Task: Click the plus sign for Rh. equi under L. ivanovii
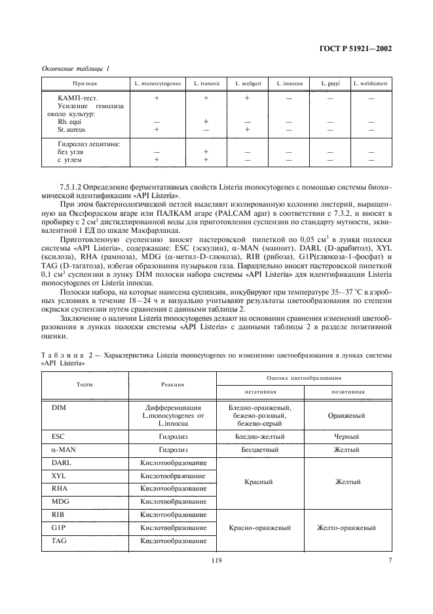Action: point(206,122)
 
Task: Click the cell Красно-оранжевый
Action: point(260,527)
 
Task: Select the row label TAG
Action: point(58,541)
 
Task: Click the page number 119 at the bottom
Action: point(217,560)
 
